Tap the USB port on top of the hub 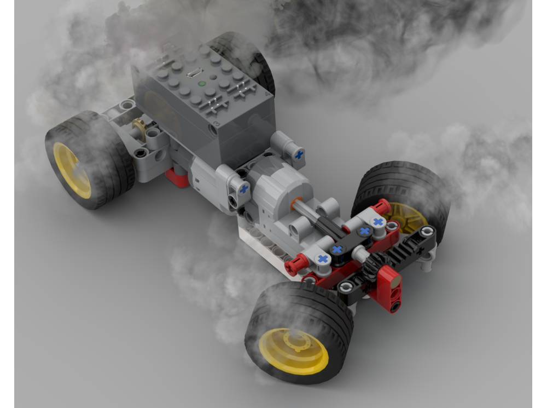pos(193,72)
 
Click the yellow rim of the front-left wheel pos(293,351)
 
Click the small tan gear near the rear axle pos(140,128)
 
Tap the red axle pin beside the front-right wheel pos(382,208)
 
